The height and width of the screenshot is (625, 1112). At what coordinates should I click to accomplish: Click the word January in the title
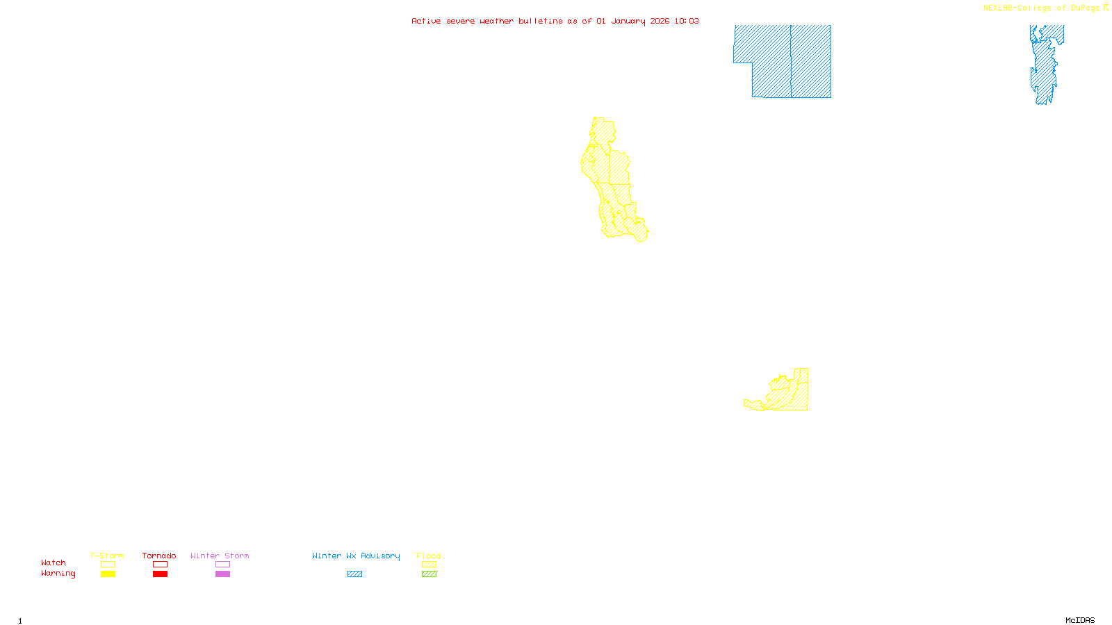(x=628, y=22)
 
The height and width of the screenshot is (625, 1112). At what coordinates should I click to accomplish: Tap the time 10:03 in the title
(x=686, y=22)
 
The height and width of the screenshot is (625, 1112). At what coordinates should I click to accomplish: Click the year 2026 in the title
(x=660, y=22)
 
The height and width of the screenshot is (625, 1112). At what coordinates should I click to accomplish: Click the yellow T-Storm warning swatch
(x=108, y=574)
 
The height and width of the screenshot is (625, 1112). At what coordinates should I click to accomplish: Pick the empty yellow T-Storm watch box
(x=108, y=565)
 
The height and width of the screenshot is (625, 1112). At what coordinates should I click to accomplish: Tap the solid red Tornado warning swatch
(x=160, y=574)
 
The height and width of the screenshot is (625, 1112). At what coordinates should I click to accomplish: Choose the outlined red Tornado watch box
(x=160, y=565)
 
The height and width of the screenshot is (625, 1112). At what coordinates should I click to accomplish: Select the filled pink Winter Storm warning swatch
(x=222, y=574)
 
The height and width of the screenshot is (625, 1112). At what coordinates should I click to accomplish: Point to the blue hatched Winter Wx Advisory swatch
(x=354, y=574)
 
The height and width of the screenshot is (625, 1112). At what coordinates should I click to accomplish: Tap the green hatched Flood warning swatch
(x=429, y=574)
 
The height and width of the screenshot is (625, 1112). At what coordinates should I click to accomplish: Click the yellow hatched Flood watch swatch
(x=429, y=565)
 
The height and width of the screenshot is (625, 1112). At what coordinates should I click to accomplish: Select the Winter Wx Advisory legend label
(x=356, y=556)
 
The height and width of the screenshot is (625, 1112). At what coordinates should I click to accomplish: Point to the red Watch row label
(x=54, y=563)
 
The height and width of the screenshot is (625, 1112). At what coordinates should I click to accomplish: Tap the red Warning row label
(x=58, y=574)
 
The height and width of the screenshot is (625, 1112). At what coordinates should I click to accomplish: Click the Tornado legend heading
(x=159, y=556)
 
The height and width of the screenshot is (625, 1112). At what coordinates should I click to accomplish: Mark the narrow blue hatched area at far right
(x=1044, y=66)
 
